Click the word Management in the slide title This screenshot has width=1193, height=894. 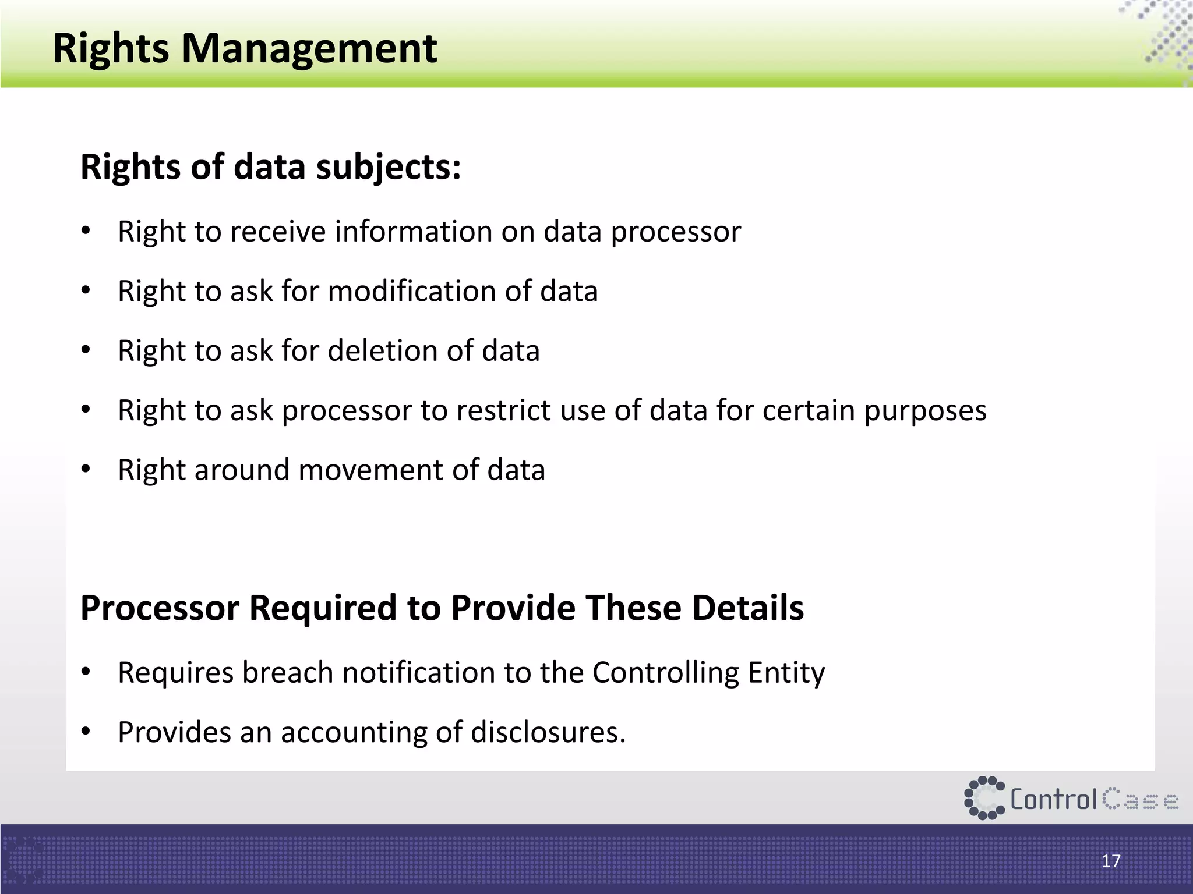pos(309,49)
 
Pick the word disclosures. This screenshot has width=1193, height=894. pos(548,733)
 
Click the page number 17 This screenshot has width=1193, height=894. pos(1111,861)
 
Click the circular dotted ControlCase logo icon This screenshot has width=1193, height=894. pos(984,798)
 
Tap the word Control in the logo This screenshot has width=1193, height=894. pos(1053,799)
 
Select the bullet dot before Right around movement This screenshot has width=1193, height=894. pos(86,470)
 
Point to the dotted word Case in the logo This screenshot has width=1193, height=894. pos(1141,800)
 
